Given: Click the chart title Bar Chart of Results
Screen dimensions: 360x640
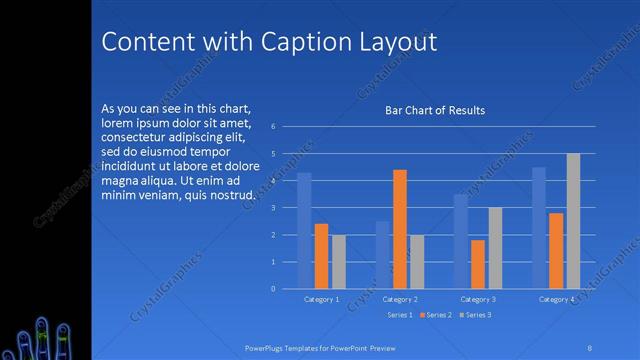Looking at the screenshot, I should (435, 110).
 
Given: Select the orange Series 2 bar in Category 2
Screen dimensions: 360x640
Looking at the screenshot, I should (400, 229).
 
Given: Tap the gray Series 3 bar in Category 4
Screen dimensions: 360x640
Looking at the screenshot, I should (573, 221).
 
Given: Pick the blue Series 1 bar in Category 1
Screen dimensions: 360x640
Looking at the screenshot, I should (304, 231).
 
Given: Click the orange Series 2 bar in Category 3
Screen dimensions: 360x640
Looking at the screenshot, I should (478, 264).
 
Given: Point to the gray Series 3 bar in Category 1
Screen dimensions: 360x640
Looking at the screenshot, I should (339, 262).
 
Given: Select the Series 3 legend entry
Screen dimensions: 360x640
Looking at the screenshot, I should (475, 315).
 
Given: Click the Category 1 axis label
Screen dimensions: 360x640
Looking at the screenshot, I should (322, 299).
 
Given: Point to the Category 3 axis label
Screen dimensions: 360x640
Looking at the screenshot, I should (478, 299).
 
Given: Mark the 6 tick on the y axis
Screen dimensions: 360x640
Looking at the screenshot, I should (286, 127).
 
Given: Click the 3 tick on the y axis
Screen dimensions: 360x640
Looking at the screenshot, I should (286, 208).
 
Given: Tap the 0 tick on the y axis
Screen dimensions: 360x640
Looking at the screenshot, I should (286, 289).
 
